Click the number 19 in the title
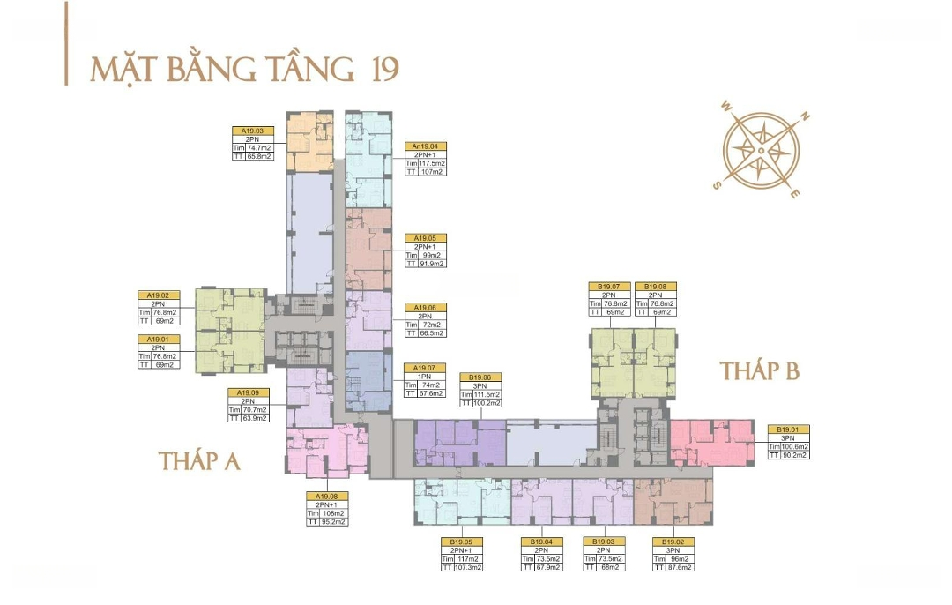click(380, 69)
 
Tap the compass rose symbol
click(761, 151)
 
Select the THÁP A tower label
click(200, 460)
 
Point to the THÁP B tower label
click(759, 371)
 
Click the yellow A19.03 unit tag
click(252, 131)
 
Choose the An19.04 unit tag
click(425, 146)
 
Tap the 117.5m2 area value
click(433, 163)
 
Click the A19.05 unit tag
click(425, 238)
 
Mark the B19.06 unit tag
click(481, 377)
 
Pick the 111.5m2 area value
click(488, 394)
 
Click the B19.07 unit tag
click(608, 287)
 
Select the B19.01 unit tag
click(788, 429)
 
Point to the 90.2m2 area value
click(795, 455)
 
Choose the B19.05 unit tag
click(461, 542)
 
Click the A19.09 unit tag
click(248, 392)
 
